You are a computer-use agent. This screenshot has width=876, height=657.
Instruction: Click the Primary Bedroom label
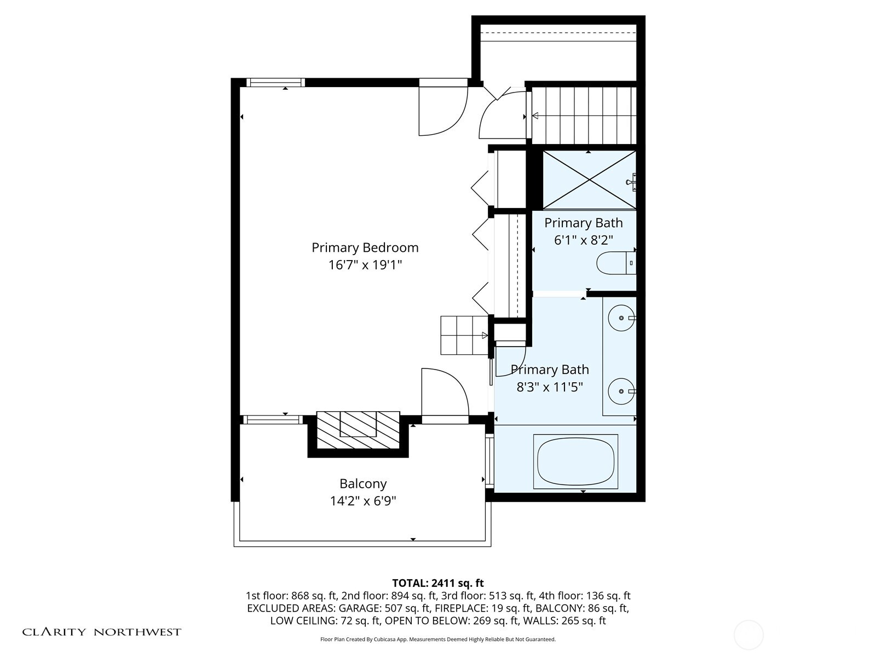[x=365, y=247]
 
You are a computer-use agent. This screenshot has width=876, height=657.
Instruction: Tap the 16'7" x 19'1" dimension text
[x=365, y=266]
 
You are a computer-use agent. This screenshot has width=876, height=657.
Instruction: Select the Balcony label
[x=363, y=484]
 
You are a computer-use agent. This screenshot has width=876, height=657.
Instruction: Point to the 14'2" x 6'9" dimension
[x=363, y=501]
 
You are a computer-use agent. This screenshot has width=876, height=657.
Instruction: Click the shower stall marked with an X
[x=589, y=180]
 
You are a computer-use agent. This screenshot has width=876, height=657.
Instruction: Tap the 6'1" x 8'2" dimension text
[x=583, y=240]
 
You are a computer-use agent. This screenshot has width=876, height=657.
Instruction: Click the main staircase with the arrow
[x=584, y=116]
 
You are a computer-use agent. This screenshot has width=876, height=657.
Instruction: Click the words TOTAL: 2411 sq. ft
[x=438, y=583]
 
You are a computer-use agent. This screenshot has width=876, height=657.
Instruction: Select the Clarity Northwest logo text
[x=101, y=632]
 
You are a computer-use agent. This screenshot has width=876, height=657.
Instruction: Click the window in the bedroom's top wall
[x=275, y=83]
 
